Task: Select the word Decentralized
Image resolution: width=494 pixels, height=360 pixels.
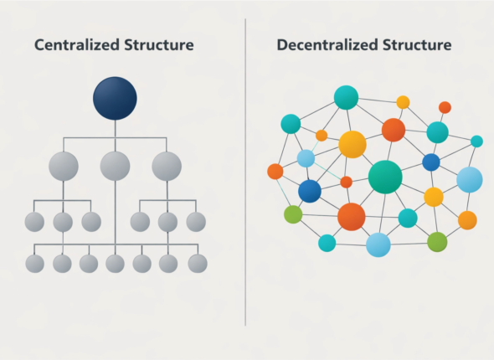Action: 327,44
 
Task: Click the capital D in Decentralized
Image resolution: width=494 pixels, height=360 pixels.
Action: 281,44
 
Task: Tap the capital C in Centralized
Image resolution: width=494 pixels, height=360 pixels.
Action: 39,44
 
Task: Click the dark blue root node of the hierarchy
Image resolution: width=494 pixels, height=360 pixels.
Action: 115,97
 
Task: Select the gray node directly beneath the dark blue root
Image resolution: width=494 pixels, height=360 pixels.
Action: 115,166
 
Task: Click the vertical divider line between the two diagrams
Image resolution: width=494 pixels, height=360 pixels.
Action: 245,167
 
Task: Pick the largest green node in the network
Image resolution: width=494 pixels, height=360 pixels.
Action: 385,177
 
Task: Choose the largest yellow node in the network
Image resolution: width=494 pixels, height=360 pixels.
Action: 352,144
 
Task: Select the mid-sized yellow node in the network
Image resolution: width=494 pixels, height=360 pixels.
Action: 433,197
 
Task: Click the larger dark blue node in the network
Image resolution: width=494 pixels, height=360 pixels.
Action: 310,191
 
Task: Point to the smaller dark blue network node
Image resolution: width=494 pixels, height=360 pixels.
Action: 431,162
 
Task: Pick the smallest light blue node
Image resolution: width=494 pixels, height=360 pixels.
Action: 306,158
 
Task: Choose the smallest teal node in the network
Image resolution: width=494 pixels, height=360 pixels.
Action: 476,141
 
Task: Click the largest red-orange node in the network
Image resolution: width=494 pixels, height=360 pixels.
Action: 352,217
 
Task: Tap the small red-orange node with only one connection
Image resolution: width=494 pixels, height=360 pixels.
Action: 445,107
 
